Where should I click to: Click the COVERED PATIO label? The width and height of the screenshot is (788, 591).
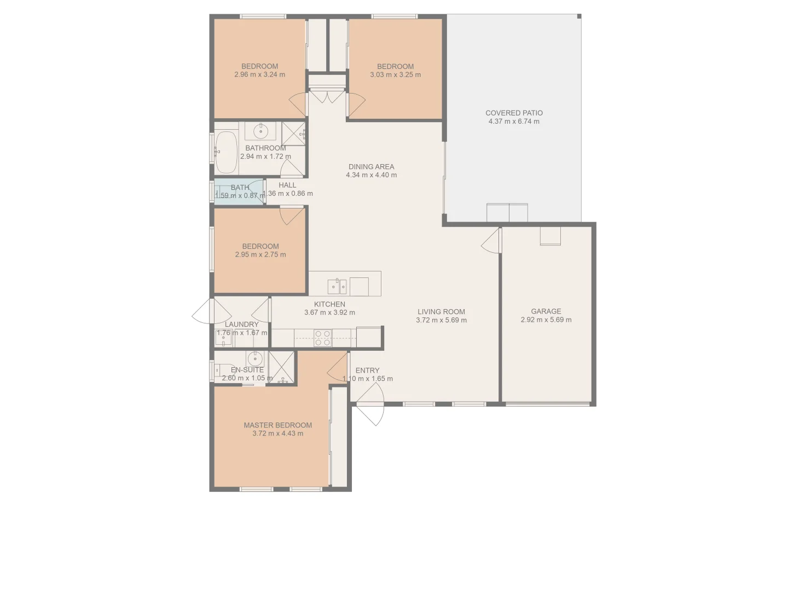[514, 113]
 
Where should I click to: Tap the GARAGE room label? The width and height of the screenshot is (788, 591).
[546, 311]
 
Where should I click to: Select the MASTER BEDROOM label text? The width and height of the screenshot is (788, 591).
[277, 425]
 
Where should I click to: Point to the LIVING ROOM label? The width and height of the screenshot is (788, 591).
[441, 312]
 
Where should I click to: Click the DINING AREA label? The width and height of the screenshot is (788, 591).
[371, 167]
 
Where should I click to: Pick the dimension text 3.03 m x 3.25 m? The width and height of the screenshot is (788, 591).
[395, 75]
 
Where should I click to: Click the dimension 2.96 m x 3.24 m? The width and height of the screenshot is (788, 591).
[259, 75]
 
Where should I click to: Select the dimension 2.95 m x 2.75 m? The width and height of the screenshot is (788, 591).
[260, 254]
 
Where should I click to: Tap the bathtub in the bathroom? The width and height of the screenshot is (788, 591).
[225, 152]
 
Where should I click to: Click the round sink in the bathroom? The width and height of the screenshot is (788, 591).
[260, 131]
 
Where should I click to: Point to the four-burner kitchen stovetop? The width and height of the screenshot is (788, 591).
[322, 338]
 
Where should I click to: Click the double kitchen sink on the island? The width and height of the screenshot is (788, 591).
[337, 286]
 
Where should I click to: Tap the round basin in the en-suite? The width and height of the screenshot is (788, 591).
[254, 359]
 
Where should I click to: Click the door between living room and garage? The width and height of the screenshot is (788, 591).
[492, 241]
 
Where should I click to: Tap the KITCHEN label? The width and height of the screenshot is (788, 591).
[329, 304]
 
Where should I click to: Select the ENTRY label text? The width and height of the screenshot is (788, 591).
[367, 370]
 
